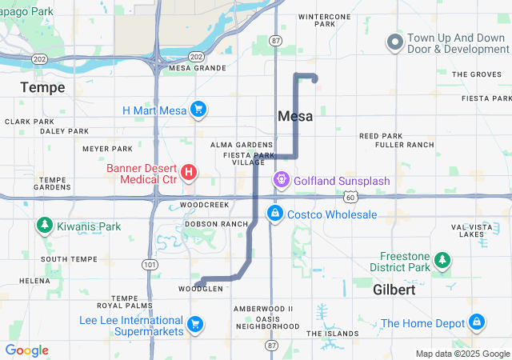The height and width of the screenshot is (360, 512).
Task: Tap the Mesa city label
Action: [294, 116]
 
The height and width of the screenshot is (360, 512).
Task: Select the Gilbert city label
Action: [394, 290]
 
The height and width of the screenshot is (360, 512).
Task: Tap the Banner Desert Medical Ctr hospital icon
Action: [189, 172]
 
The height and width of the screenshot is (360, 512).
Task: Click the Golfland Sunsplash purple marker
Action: [282, 179]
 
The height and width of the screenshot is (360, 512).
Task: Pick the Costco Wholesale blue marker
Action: [274, 214]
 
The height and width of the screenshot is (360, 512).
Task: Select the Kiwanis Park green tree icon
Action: [44, 226]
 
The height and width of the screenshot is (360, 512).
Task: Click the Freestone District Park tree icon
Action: [442, 260]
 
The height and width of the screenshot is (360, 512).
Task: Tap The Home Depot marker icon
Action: [477, 322]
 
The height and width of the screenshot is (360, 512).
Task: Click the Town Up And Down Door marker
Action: [394, 42]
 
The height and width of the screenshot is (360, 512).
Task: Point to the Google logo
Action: [26, 350]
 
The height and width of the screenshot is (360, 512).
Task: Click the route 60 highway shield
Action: [350, 196]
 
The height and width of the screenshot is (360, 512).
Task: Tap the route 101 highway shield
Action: [150, 264]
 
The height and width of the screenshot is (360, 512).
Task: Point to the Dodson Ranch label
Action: [217, 224]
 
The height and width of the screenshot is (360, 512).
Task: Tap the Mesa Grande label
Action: [198, 68]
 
